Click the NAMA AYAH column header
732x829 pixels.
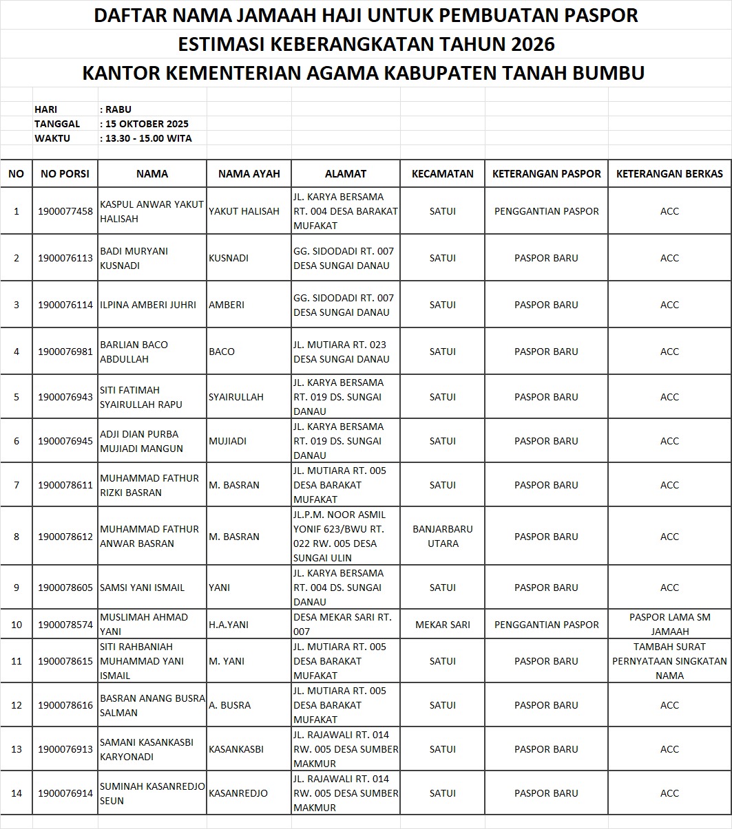click(x=249, y=174)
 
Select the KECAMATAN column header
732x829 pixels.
click(x=442, y=174)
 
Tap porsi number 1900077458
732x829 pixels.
click(x=65, y=211)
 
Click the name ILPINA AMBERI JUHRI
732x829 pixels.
click(x=148, y=305)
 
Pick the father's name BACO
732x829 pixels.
click(x=222, y=352)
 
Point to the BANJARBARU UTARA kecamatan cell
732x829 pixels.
click(x=442, y=537)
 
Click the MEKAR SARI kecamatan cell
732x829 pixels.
click(x=442, y=625)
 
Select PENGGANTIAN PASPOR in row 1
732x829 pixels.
click(x=546, y=211)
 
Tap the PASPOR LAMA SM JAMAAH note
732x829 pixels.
click(x=669, y=625)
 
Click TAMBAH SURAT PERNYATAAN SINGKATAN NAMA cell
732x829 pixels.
click(x=669, y=661)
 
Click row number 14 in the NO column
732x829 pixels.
click(x=17, y=793)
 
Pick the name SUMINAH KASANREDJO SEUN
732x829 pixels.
click(x=152, y=793)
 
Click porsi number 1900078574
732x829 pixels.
click(x=65, y=625)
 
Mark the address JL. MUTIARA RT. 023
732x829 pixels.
click(x=339, y=345)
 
